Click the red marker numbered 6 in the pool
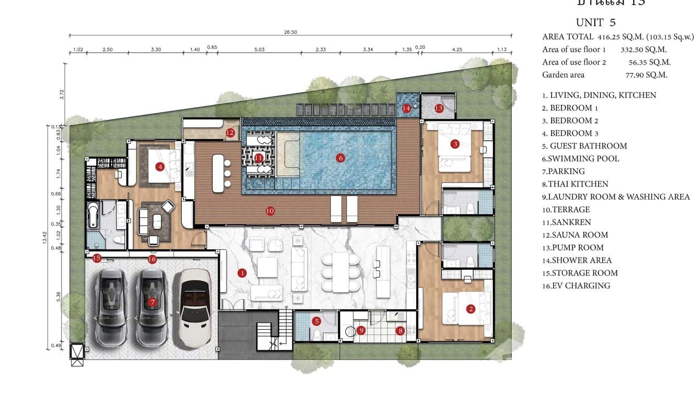340,158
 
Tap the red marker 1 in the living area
242,273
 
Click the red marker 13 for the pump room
439,108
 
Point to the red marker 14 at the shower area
406,108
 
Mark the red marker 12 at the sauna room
230,133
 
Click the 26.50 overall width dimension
290,32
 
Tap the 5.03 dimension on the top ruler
259,50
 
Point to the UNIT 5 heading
595,22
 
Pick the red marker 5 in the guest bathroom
316,322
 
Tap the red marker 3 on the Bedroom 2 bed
455,144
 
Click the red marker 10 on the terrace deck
270,211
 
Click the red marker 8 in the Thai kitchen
400,330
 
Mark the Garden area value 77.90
639,75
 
